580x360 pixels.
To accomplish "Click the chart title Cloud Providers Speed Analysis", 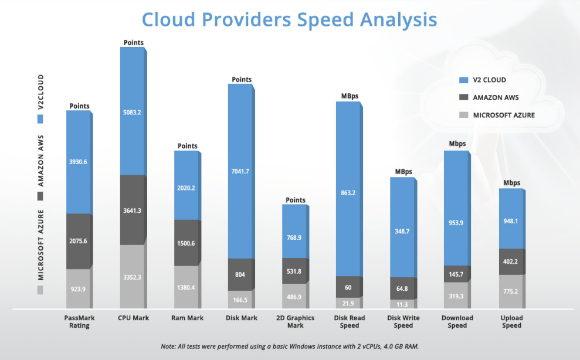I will pos(289,19).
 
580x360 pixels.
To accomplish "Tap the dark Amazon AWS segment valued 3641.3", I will pos(132,209).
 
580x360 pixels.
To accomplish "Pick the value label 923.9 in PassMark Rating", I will pos(78,289).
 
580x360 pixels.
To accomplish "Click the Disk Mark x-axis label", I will pos(241,318).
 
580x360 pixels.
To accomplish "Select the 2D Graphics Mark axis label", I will pos(295,322).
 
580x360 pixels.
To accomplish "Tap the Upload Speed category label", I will pos(511,322).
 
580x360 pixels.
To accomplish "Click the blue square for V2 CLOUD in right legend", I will pos(463,80).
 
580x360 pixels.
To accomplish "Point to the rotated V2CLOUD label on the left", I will pos(40,92).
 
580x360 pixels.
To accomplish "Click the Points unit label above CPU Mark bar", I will pos(133,42).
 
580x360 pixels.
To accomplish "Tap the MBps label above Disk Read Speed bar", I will pos(349,96).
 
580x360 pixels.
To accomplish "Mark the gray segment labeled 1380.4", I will pos(186,287).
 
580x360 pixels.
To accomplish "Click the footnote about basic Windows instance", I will pos(290,347).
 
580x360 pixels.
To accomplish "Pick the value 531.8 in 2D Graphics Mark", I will pos(295,271).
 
